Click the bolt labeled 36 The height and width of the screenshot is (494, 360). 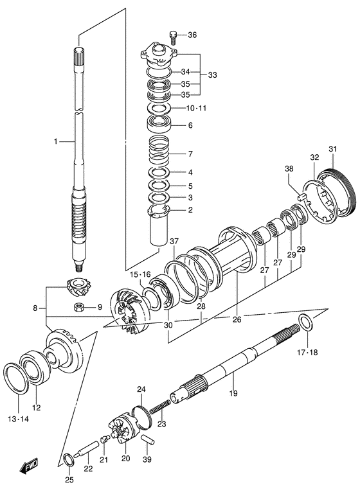pos(172,35)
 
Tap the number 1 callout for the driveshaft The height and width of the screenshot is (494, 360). pos(56,141)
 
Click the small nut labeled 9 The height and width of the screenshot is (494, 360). pos(78,307)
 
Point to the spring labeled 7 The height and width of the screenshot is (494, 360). pos(159,154)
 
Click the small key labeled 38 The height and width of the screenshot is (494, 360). pos(300,191)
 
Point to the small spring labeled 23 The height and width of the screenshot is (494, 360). pos(160,407)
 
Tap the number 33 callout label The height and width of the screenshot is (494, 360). pos(212,75)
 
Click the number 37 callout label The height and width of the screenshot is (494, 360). pos(174,242)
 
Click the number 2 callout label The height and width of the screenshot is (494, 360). pos(190,209)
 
